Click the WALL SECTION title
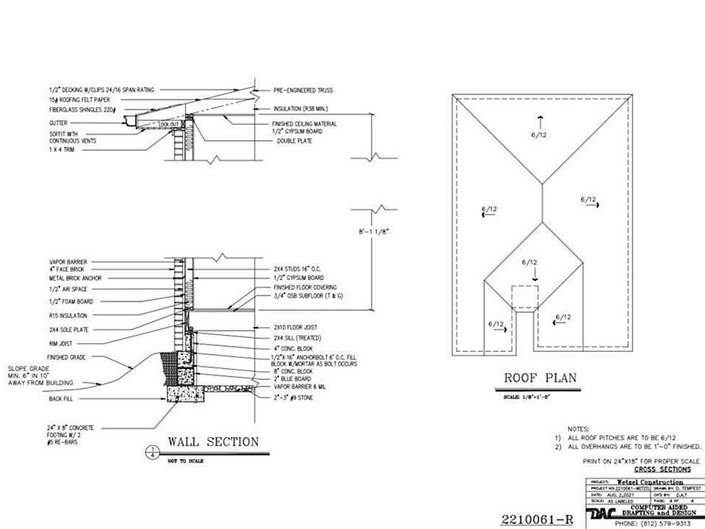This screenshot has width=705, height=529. pos(213,442)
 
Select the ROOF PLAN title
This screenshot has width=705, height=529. pos(540,379)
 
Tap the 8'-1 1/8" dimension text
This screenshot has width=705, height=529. pos(375,231)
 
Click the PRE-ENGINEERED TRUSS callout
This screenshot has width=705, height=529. pos(303,90)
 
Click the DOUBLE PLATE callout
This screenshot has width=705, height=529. pos(292,140)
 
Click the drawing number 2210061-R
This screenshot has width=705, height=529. pos(537,519)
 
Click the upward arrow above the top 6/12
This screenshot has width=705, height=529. pos(539,120)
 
